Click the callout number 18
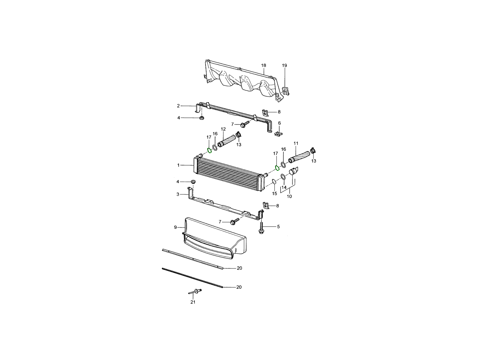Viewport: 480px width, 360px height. tap(264, 65)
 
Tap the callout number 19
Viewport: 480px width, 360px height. tap(284, 65)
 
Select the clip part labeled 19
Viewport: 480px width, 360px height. tap(286, 91)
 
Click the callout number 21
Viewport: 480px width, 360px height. tap(193, 302)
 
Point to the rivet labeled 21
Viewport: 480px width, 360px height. tap(195, 292)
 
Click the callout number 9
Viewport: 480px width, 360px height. tap(175, 228)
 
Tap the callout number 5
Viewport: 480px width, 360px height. tap(278, 227)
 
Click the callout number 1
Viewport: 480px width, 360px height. tap(178, 165)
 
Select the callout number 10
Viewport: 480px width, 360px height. tap(289, 196)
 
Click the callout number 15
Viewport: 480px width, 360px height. tap(274, 194)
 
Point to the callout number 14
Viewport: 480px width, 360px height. tap(284, 188)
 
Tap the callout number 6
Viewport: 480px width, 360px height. tap(279, 123)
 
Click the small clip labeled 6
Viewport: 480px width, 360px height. tap(278, 133)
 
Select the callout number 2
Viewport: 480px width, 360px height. tap(178, 106)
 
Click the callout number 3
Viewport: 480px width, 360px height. tap(178, 194)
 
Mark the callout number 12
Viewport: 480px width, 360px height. tap(223, 129)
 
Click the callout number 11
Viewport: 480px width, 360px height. tap(296, 143)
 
